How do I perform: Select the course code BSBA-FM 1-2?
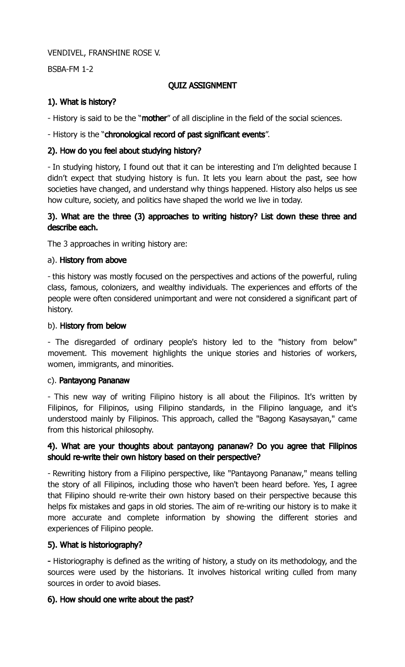(70, 70)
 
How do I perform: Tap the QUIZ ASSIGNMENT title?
(202, 86)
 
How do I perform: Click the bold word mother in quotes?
(154, 118)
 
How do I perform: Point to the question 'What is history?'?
(82, 102)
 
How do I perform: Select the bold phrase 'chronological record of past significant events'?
(185, 135)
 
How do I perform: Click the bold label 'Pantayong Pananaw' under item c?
(94, 381)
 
